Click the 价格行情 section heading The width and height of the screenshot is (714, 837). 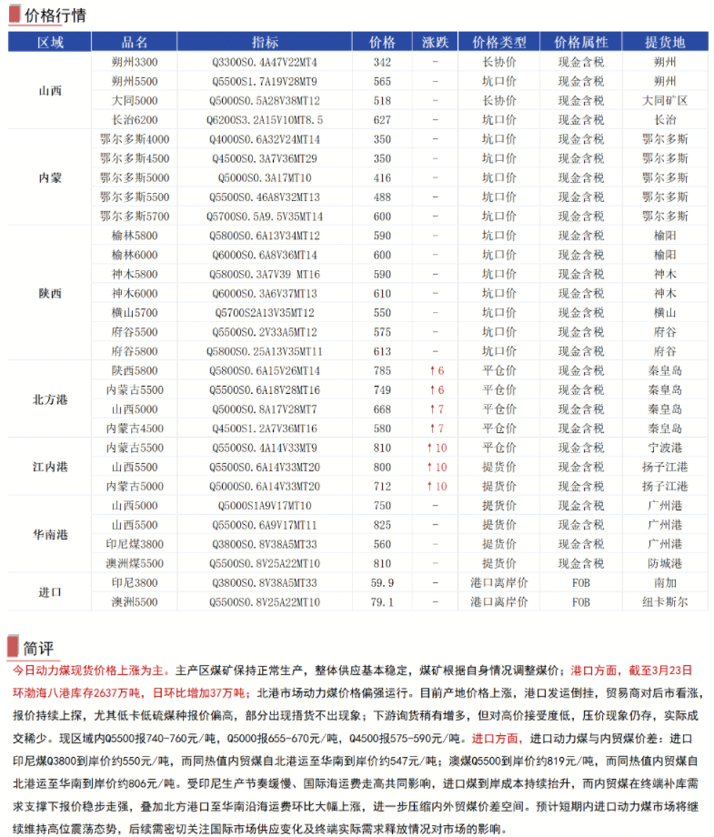coord(55,15)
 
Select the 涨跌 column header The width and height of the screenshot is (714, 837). coord(436,43)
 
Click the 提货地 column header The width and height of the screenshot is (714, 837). coord(664,43)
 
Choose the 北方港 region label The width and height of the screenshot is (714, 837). coord(50,399)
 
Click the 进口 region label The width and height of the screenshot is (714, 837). coord(50,592)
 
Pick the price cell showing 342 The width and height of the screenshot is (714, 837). coord(382,62)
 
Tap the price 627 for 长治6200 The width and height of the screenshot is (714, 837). coord(382,119)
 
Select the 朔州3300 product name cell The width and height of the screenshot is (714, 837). coord(135,62)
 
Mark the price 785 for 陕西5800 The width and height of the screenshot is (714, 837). coord(382,370)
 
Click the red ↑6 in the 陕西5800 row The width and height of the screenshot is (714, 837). coord(437,370)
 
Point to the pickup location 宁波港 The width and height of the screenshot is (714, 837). coord(664,448)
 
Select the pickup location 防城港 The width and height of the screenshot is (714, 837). coord(664,563)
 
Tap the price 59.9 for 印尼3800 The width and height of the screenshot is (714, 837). coord(382,582)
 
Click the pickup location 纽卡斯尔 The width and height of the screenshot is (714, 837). coord(664,602)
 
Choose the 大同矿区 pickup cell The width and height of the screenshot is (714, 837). coord(664,100)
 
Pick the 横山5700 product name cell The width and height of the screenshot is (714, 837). coord(135,312)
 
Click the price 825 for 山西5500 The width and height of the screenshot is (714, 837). coord(382,525)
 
